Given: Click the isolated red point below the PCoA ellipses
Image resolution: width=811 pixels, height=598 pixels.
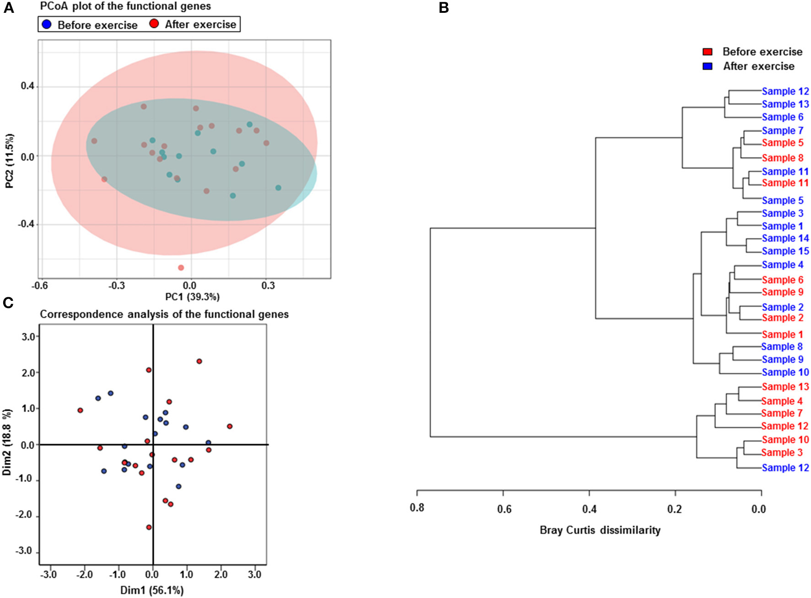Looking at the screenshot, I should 181,267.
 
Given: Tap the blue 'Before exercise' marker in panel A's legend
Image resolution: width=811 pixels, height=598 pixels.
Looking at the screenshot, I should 46,24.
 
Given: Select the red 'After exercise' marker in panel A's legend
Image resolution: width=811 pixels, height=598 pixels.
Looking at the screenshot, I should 154,24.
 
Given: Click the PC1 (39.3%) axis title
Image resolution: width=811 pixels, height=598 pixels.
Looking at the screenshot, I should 192,297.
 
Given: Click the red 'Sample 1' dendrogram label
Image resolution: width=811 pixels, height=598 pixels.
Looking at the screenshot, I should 782,334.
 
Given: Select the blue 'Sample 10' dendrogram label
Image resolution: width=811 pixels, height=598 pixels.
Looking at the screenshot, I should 785,372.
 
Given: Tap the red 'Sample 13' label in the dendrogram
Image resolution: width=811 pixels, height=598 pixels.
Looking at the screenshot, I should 785,386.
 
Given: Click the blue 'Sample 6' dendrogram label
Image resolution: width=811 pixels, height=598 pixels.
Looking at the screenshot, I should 782,117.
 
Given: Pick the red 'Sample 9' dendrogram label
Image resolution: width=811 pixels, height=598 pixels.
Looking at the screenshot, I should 782,292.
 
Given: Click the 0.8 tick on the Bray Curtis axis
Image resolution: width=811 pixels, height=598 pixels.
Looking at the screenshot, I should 417,509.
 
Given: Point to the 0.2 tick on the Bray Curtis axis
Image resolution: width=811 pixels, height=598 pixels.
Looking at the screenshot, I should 674,509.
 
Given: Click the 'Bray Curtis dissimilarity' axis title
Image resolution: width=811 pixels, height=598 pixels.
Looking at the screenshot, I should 600,530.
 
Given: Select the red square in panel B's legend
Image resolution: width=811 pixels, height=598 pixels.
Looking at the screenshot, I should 707,52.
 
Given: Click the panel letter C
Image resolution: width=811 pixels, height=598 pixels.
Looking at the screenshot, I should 8,303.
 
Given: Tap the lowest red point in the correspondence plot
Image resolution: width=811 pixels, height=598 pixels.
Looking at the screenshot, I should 149,527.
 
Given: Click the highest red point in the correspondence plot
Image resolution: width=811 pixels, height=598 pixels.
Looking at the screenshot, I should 199,361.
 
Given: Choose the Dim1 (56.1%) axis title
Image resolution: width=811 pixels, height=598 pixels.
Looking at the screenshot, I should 152,590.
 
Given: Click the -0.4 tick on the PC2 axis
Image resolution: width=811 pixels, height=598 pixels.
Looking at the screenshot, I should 26,224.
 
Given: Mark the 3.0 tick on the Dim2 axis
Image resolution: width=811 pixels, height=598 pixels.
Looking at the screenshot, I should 28,337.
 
